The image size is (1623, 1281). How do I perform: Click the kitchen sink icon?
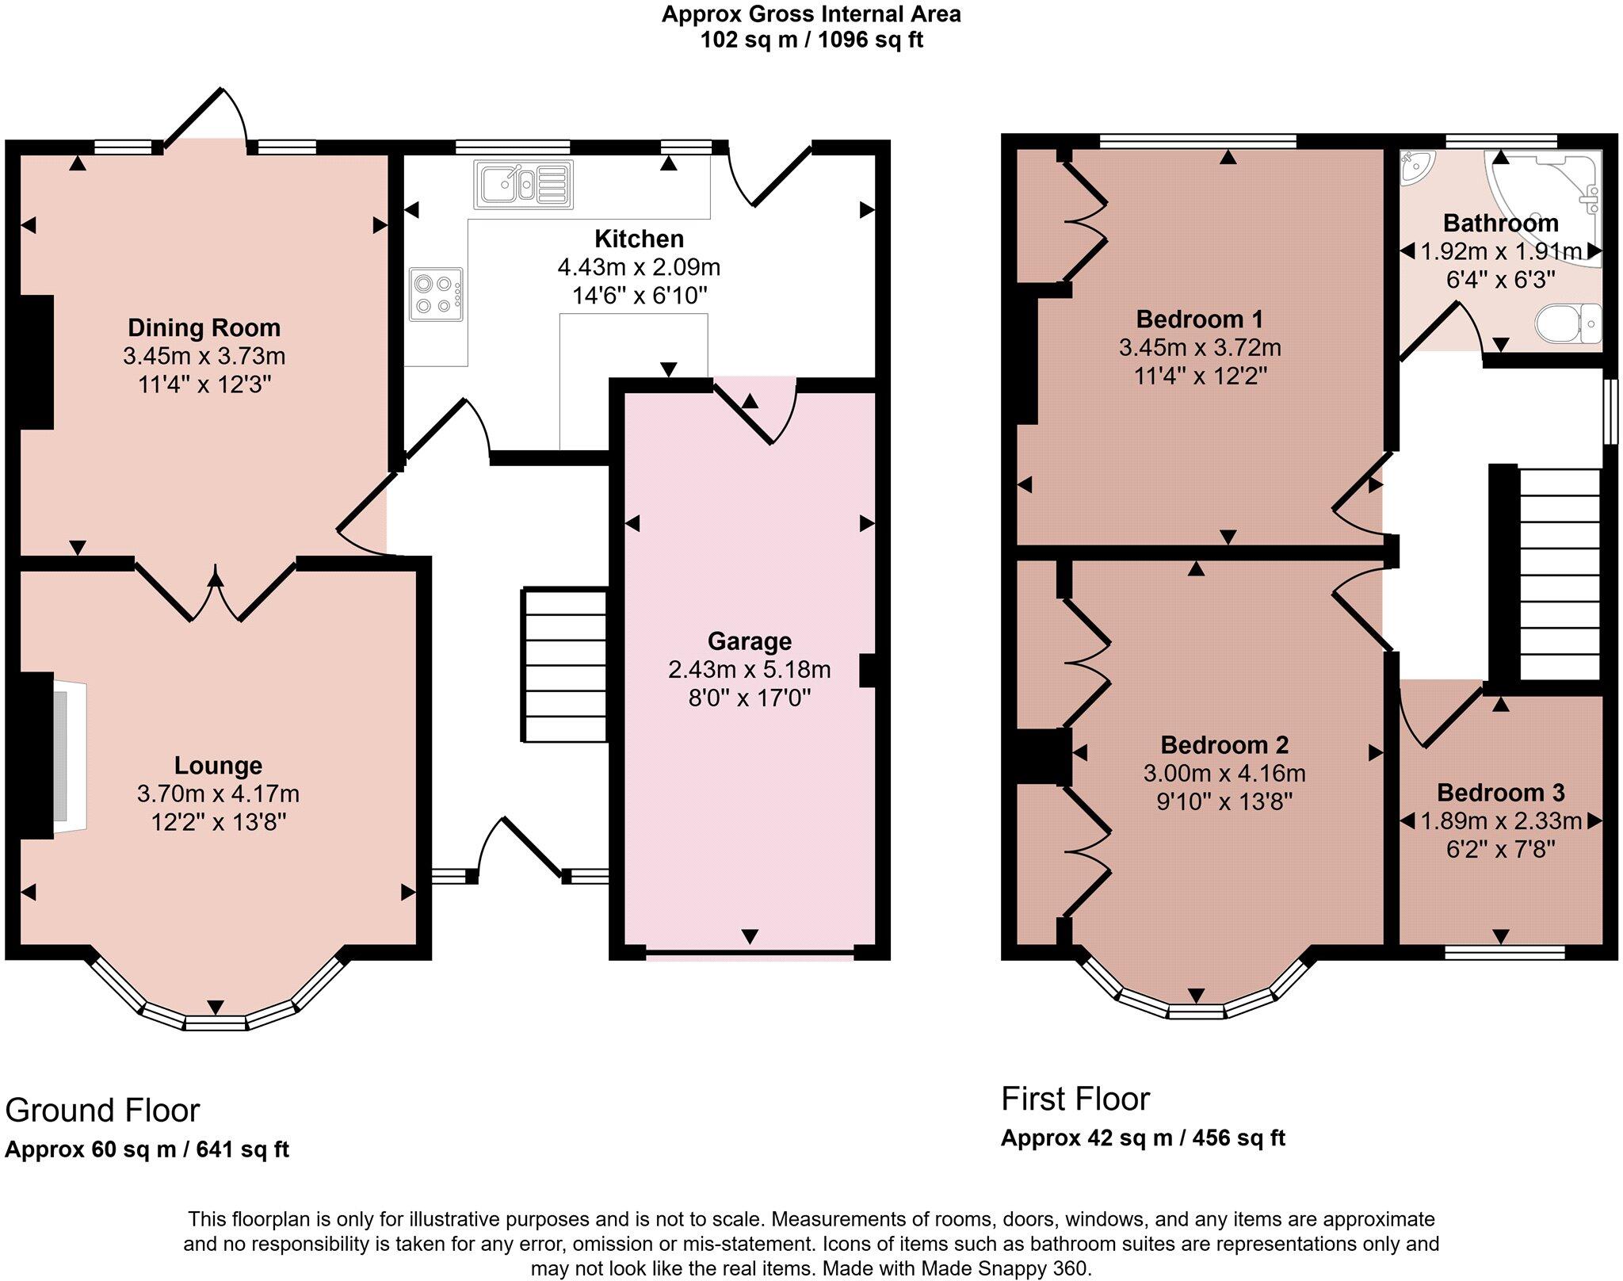coord(523,185)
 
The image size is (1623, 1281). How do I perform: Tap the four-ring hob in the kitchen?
coord(437,294)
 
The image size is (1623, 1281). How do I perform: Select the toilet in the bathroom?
coord(1569,323)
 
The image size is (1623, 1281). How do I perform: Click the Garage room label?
coord(749,640)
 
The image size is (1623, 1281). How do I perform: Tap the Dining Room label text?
coord(204,327)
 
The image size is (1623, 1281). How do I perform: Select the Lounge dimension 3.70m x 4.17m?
coord(218,793)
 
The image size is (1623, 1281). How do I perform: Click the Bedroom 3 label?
coord(1500,792)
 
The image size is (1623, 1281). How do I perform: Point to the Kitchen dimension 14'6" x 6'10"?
coord(640,296)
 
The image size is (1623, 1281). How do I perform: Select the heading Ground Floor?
coord(102,1111)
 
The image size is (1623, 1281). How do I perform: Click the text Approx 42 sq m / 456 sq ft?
coord(1142,1138)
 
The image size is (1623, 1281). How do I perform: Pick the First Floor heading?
coord(1075,1099)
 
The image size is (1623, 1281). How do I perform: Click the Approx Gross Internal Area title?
coord(811,14)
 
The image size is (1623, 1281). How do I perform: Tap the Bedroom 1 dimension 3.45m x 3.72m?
coord(1200,347)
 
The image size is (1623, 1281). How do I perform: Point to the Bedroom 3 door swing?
coord(1438,713)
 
